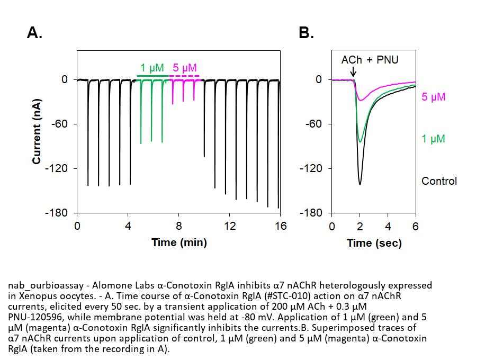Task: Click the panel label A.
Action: tap(34, 33)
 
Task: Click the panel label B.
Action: tap(307, 33)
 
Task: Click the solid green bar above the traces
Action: tap(152, 76)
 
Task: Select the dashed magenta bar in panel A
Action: tap(184, 76)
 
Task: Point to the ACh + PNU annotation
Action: tap(370, 60)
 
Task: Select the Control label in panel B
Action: tap(439, 181)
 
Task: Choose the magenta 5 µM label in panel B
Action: tap(434, 97)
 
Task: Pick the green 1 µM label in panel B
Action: tap(433, 139)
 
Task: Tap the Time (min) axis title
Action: tap(179, 242)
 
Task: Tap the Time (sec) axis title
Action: tap(374, 243)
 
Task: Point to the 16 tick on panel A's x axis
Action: tap(281, 227)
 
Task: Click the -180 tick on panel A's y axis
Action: tap(58, 213)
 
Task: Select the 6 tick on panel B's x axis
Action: tap(416, 227)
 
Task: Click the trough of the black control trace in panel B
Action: tap(360, 184)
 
